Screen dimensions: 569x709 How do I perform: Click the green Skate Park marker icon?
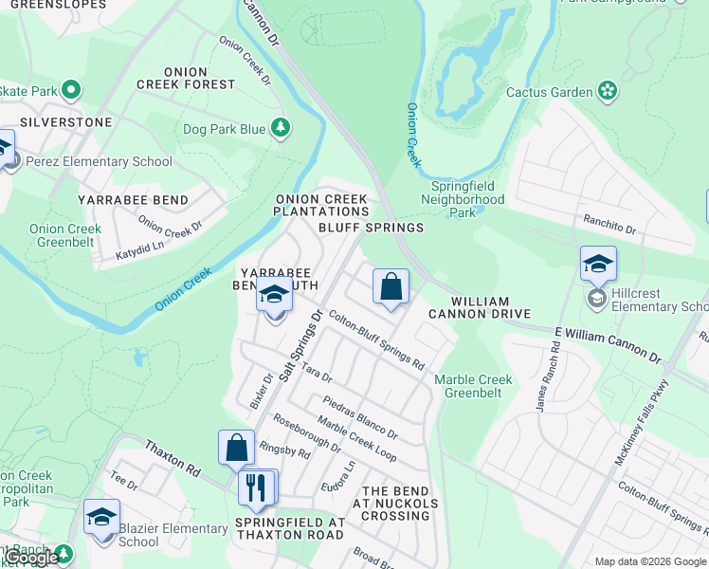tap(71, 91)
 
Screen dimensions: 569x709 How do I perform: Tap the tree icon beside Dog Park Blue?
tap(280, 128)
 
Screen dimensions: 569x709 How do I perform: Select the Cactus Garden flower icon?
tap(608, 92)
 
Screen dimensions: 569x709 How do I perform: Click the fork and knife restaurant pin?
tap(256, 487)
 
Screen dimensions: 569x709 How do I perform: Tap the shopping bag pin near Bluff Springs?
tap(391, 285)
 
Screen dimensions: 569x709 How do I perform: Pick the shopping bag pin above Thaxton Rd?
tap(236, 448)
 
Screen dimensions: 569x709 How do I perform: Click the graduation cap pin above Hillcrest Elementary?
tap(598, 265)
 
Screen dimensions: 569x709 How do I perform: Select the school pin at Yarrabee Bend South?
tap(274, 296)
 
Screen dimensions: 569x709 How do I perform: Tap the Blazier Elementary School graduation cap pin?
tap(101, 518)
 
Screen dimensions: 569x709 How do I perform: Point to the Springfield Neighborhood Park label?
tap(462, 200)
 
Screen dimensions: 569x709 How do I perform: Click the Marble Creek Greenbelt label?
tap(473, 386)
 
